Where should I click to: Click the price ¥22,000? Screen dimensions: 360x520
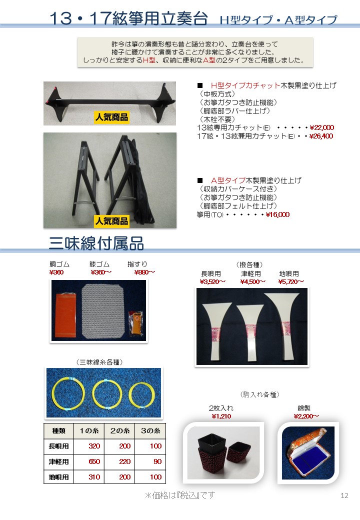point(321,127)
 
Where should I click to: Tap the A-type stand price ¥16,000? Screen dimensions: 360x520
point(277,215)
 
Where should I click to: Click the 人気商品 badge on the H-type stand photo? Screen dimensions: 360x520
point(111,117)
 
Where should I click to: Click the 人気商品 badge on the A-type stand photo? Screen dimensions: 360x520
point(111,221)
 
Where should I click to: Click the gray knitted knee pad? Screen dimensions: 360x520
point(103,311)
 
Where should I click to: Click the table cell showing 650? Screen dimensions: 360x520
point(94,461)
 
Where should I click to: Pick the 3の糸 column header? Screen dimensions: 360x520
point(150,431)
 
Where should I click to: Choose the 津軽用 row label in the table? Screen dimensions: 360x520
point(58,461)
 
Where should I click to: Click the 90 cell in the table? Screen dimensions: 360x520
point(157,461)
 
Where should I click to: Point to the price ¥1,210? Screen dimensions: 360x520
point(221,416)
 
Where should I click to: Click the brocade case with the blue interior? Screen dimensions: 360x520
point(307,452)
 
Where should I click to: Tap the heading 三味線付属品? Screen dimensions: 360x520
point(96,243)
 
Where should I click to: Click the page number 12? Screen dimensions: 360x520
point(344,495)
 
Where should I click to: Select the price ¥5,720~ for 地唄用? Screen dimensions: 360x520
point(291,282)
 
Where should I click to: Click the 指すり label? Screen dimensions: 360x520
point(137,264)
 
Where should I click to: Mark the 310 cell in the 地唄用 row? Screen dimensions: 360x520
point(94,477)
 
